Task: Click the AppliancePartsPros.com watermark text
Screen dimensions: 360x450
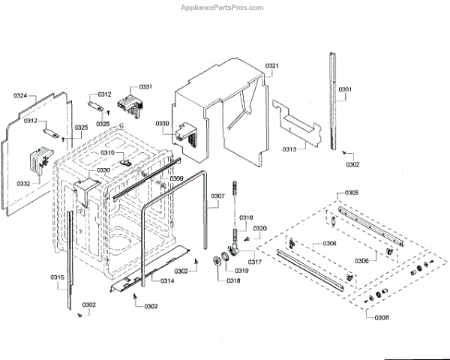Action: tap(223, 7)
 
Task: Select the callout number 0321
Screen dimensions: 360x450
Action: tap(271, 67)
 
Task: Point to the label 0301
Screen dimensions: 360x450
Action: tap(344, 90)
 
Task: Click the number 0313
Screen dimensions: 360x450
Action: tap(289, 149)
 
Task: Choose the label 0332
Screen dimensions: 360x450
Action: tap(23, 184)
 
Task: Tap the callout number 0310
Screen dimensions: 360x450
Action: tap(107, 153)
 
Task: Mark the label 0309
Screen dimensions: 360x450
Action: tap(175, 178)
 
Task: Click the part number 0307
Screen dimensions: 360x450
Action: tap(217, 196)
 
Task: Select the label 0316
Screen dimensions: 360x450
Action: tap(246, 217)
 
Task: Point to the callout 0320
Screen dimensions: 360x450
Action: tap(260, 228)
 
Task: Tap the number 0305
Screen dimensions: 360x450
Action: tap(351, 193)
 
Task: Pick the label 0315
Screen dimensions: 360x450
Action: tap(58, 278)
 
